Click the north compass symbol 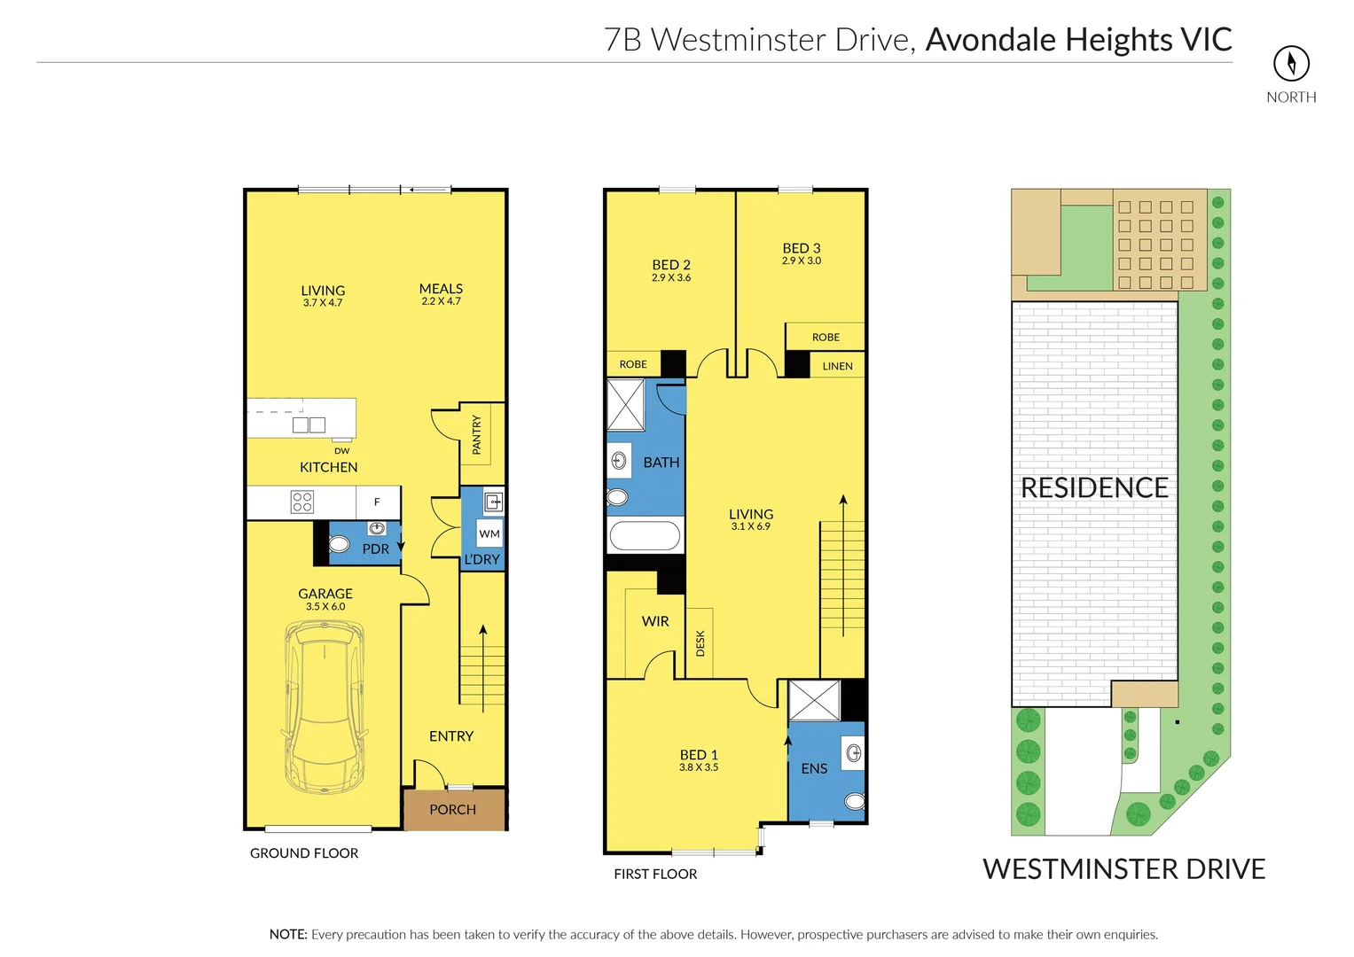(1291, 63)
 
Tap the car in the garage (325, 707)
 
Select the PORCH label (452, 809)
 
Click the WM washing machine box (489, 533)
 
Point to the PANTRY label (476, 434)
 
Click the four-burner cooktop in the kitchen (302, 502)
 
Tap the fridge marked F (377, 502)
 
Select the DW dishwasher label (342, 451)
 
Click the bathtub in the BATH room (646, 536)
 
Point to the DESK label (700, 642)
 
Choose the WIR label (655, 621)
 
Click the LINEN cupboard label (837, 366)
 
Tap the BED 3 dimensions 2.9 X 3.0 (802, 261)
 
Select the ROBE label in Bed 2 (633, 364)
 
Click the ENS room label (814, 768)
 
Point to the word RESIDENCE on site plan (1094, 487)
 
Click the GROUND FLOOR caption (304, 853)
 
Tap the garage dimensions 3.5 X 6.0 (325, 607)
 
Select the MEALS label (441, 289)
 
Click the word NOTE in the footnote (288, 934)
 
